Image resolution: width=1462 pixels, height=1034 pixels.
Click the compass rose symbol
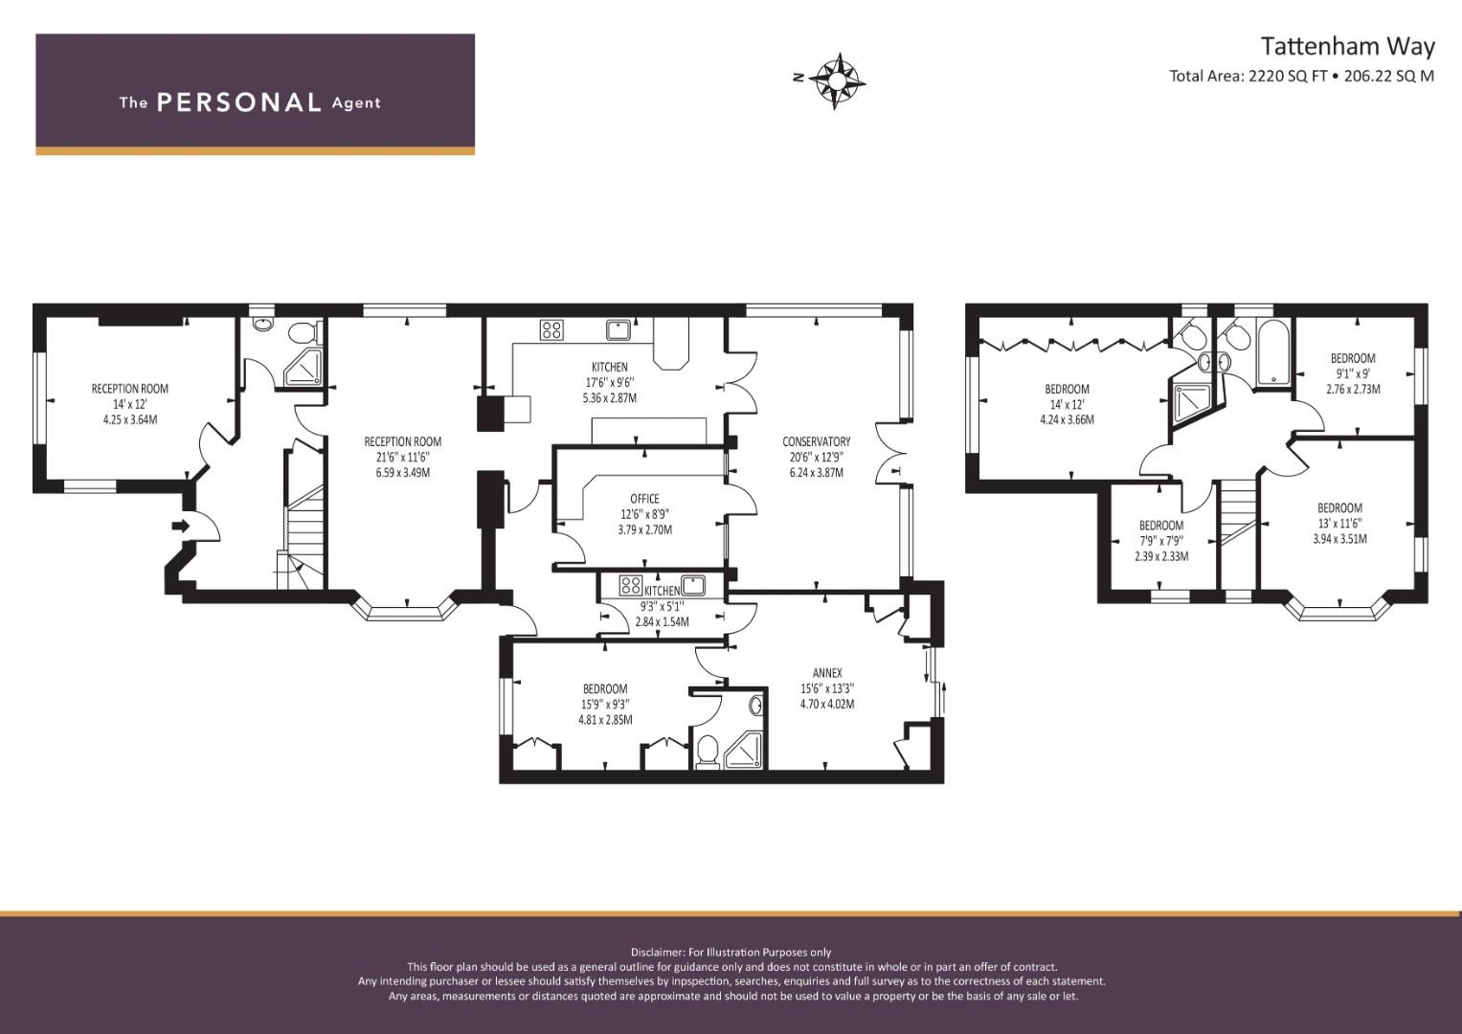point(836,81)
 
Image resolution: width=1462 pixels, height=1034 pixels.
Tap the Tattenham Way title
point(1348,46)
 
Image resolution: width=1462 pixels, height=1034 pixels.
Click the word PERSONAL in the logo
point(239,102)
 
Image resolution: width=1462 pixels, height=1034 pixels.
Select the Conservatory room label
point(816,442)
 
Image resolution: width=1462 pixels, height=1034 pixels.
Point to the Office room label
point(645,499)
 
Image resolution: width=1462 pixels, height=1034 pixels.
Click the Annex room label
point(827,673)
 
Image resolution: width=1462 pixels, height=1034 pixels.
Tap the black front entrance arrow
point(180,525)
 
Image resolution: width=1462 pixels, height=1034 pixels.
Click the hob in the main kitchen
point(551,329)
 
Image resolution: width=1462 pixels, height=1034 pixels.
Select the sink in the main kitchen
point(619,329)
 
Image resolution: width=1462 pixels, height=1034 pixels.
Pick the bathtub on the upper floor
point(1272,352)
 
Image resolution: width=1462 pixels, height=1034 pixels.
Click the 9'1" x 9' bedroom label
point(1353,373)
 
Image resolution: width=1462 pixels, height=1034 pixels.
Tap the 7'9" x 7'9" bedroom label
point(1161,541)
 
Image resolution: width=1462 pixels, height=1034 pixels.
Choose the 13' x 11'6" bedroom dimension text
point(1340,524)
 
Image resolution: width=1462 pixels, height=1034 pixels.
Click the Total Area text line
point(1301,77)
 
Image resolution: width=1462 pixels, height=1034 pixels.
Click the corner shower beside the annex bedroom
point(743,751)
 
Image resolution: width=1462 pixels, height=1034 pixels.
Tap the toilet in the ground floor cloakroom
point(304,333)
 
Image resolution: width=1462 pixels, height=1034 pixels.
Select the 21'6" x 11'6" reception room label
point(403,457)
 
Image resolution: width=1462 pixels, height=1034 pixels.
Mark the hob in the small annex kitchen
point(631,585)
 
